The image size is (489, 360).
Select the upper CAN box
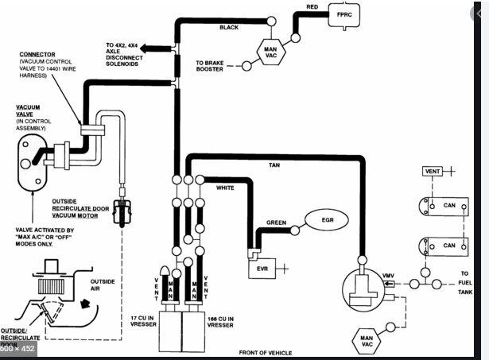click(445, 205)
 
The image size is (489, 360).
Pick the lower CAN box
click(445, 246)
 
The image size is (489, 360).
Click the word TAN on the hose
click(274, 165)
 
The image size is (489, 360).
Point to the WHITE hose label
click(227, 188)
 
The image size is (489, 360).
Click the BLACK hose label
click(229, 28)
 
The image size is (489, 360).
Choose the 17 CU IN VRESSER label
click(145, 321)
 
